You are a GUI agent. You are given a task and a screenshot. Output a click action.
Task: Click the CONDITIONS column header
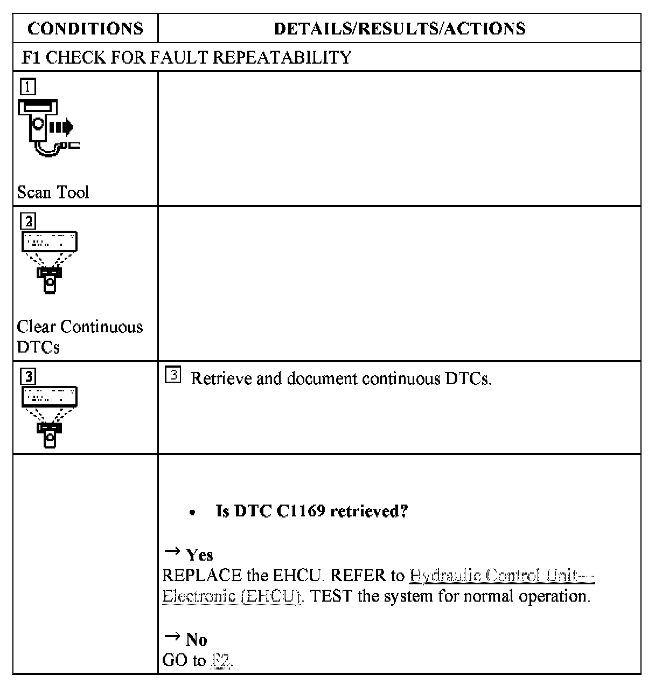[85, 29]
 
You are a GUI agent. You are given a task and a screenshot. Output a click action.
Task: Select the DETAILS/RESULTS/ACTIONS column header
[399, 29]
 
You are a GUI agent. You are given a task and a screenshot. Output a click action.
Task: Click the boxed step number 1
[28, 86]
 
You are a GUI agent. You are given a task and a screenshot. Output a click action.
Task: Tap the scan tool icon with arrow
[47, 127]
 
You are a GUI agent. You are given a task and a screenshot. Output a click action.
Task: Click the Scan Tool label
[53, 192]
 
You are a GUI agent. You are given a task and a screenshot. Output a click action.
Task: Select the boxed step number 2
[28, 221]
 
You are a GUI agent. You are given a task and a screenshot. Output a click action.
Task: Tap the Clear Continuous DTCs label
[79, 336]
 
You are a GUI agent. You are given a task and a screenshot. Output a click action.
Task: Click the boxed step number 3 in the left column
[28, 376]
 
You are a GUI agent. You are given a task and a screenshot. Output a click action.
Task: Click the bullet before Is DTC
[192, 512]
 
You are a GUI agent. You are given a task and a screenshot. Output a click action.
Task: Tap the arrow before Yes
[172, 551]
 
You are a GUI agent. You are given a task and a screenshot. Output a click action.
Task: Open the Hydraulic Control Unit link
[501, 575]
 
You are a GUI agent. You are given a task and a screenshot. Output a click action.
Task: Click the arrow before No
[172, 637]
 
